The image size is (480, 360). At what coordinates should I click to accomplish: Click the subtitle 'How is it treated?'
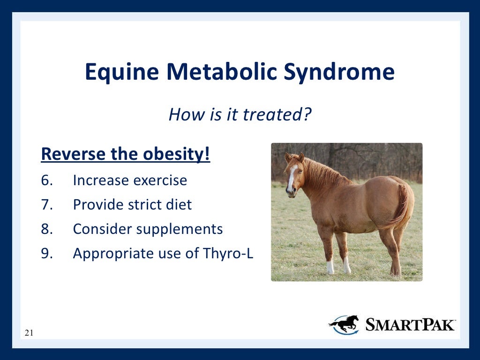pyautogui.click(x=240, y=114)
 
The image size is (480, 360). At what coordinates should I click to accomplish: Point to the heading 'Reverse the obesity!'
pyautogui.click(x=126, y=154)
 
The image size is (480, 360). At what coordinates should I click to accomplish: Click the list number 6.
pyautogui.click(x=47, y=180)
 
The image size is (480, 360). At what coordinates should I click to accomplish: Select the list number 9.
pyautogui.click(x=47, y=254)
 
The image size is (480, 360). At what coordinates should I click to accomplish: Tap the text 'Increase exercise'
pyautogui.click(x=130, y=180)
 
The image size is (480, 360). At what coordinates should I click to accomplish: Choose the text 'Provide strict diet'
pyautogui.click(x=132, y=205)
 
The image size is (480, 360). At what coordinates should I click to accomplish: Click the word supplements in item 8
pyautogui.click(x=180, y=229)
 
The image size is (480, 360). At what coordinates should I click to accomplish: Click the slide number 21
pyautogui.click(x=29, y=333)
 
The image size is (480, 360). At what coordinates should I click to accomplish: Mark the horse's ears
pyautogui.click(x=294, y=157)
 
